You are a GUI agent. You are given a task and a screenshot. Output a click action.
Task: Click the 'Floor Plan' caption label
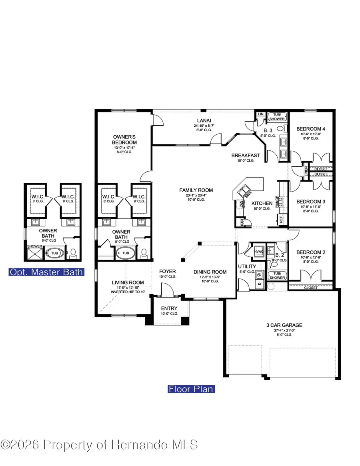point(191,389)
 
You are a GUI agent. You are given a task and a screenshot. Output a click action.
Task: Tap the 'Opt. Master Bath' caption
point(46,272)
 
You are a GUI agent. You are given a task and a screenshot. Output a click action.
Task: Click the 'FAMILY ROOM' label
point(196,190)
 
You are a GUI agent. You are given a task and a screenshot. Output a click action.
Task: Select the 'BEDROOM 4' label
point(311,129)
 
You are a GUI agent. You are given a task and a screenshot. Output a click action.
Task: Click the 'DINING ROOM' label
point(207,272)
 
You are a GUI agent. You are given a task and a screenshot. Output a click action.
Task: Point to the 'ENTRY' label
point(169,308)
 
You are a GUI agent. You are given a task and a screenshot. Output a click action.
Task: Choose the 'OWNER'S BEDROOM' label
point(124,140)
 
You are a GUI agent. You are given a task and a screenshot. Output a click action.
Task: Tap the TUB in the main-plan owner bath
point(126,253)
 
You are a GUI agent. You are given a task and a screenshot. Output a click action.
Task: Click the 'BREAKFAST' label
point(246,156)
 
